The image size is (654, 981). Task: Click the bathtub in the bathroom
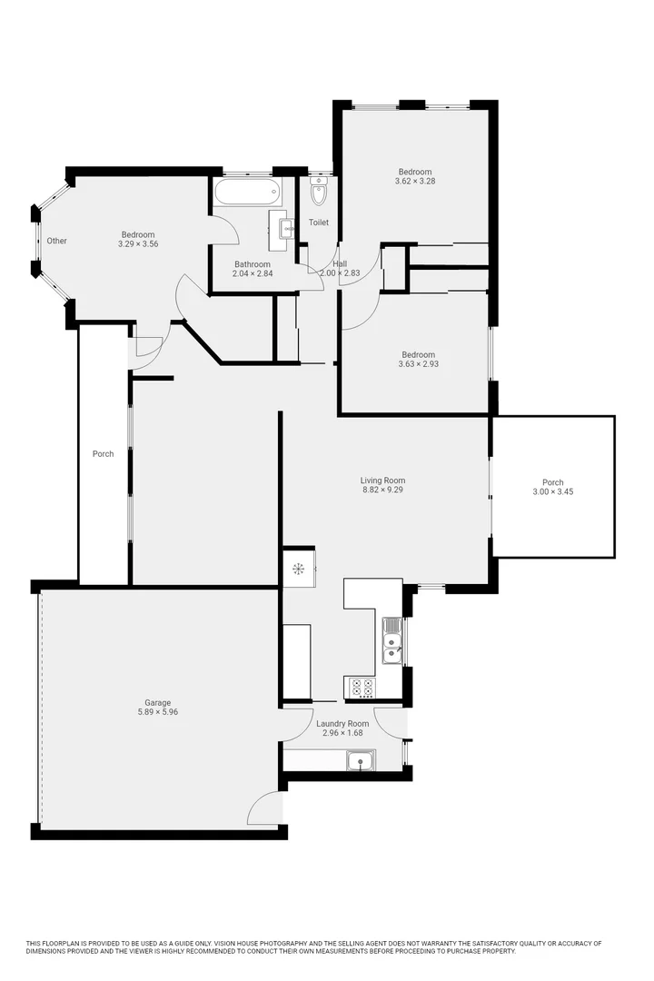[247, 191]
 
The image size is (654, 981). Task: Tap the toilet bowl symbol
[319, 192]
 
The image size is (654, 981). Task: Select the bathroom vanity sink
[284, 226]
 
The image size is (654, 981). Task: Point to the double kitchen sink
[391, 639]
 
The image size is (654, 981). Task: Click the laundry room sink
[362, 759]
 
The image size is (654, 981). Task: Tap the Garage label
[157, 702]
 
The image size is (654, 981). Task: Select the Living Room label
[382, 481]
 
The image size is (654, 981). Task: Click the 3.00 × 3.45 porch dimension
[552, 491]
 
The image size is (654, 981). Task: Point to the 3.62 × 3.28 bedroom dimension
[415, 181]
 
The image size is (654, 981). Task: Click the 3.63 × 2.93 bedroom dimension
[417, 364]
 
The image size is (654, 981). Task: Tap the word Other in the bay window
[57, 241]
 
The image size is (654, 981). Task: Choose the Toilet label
[319, 223]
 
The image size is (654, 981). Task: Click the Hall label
[340, 263]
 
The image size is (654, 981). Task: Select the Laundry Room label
[342, 723]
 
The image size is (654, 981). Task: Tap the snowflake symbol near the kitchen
[297, 570]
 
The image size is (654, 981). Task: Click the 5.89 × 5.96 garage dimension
[157, 712]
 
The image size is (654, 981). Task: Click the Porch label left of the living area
[103, 453]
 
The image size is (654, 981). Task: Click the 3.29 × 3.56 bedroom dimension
[138, 243]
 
